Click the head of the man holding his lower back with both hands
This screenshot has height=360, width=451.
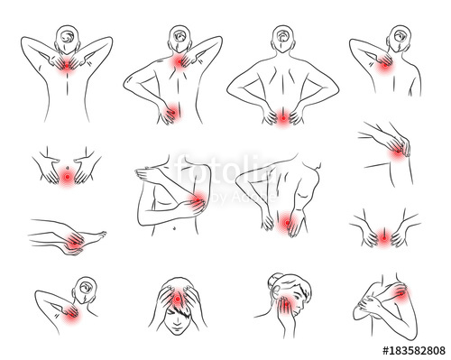(x=285, y=39)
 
